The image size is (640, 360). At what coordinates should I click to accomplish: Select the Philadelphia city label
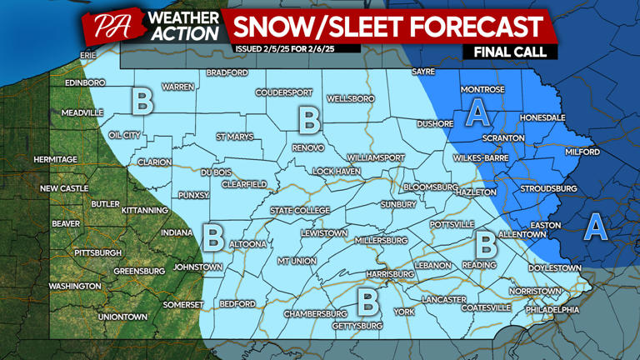(x=552, y=309)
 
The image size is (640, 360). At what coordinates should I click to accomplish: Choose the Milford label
(x=582, y=152)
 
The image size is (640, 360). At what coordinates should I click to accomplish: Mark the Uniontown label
(x=122, y=317)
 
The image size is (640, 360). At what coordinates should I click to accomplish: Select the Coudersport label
(x=283, y=92)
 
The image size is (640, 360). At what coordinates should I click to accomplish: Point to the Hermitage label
(x=55, y=159)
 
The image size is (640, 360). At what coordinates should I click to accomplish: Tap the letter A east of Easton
(x=595, y=226)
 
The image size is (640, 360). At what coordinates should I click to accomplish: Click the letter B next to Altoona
(x=213, y=236)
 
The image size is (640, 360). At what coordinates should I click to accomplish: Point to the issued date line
(x=296, y=48)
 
